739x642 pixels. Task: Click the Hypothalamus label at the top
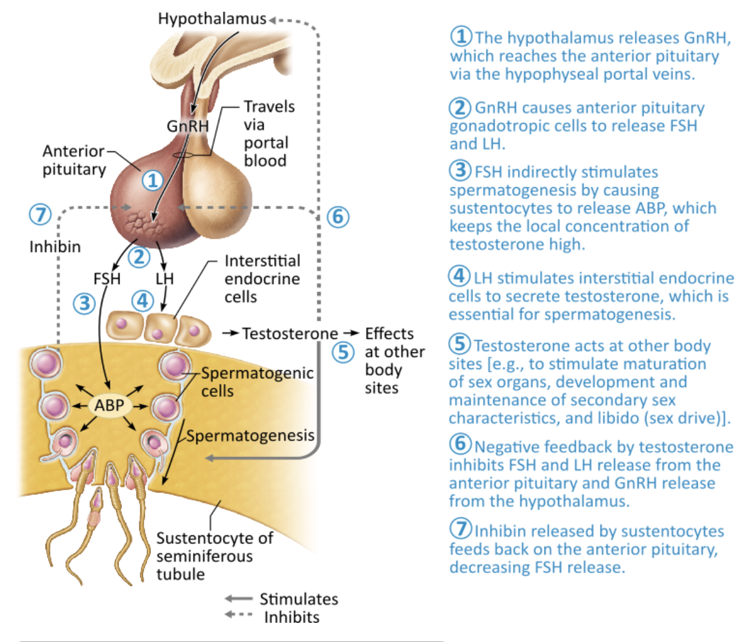(x=212, y=18)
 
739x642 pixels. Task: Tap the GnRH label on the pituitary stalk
(x=188, y=126)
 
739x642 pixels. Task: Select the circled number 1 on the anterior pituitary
(x=153, y=181)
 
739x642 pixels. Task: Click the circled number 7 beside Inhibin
(x=41, y=214)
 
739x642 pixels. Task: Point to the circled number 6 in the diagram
(x=337, y=217)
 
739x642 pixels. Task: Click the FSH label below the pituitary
(x=107, y=278)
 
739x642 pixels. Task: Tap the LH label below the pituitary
(x=164, y=278)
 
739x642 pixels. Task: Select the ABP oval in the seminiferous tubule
(x=109, y=405)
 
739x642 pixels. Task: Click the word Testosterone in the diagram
(x=290, y=333)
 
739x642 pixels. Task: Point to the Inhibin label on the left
(x=55, y=246)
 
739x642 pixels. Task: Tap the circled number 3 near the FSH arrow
(x=84, y=303)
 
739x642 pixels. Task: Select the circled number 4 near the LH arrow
(x=143, y=301)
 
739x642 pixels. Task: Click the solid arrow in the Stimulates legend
(x=238, y=599)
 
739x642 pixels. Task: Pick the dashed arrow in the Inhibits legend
(x=238, y=615)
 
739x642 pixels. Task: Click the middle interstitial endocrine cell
(x=159, y=328)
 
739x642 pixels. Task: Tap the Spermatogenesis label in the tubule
(x=250, y=436)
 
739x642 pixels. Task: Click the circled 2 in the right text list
(x=459, y=108)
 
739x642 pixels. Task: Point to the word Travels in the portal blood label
(x=269, y=107)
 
